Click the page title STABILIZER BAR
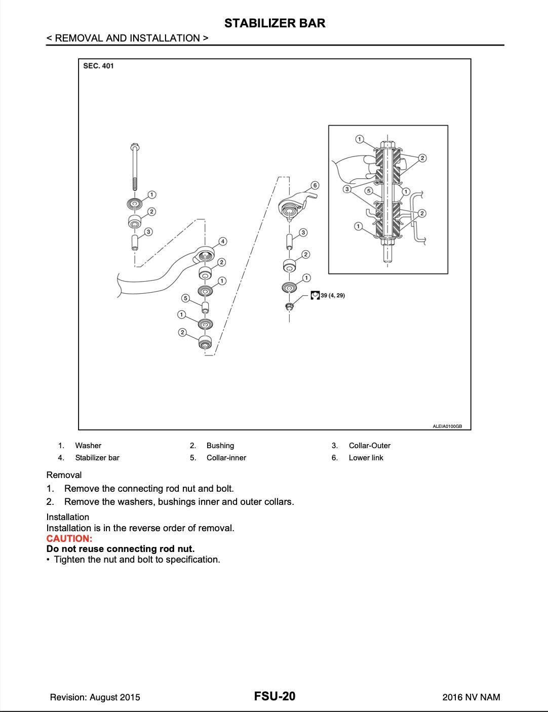[275, 23]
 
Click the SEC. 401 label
[99, 66]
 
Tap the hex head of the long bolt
[134, 147]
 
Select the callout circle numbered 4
[222, 242]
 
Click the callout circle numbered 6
[315, 185]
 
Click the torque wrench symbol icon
[315, 295]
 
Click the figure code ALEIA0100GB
[447, 426]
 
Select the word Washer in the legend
[88, 446]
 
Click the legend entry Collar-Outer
[369, 446]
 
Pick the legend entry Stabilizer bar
[97, 458]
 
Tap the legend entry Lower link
[366, 458]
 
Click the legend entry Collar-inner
[226, 458]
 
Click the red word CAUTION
[69, 538]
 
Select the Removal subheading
[64, 475]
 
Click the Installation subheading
[67, 517]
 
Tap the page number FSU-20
[275, 696]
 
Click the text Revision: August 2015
[95, 697]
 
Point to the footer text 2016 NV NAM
[471, 697]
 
